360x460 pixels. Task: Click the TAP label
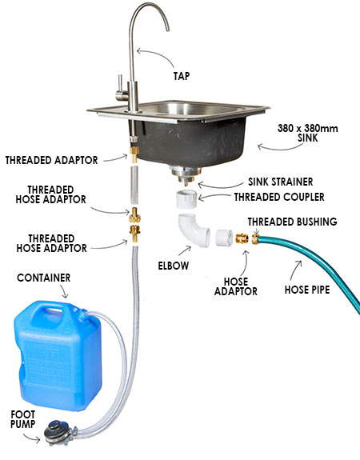point(182,76)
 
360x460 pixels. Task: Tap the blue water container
point(58,355)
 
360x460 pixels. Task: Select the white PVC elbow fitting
point(194,230)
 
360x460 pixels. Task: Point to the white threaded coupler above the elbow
point(187,199)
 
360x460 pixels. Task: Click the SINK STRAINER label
point(281,182)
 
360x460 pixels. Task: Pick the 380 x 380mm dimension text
point(307,128)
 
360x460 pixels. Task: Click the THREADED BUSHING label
point(292,222)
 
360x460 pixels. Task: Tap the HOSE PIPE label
point(307,290)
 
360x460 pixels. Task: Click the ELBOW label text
point(174,266)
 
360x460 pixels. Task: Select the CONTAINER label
point(44,278)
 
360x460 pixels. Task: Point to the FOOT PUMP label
point(23,419)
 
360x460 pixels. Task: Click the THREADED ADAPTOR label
point(52,160)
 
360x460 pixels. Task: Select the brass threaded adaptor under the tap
point(134,154)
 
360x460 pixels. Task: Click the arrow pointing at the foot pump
point(31,438)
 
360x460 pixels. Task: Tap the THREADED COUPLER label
point(279,197)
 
